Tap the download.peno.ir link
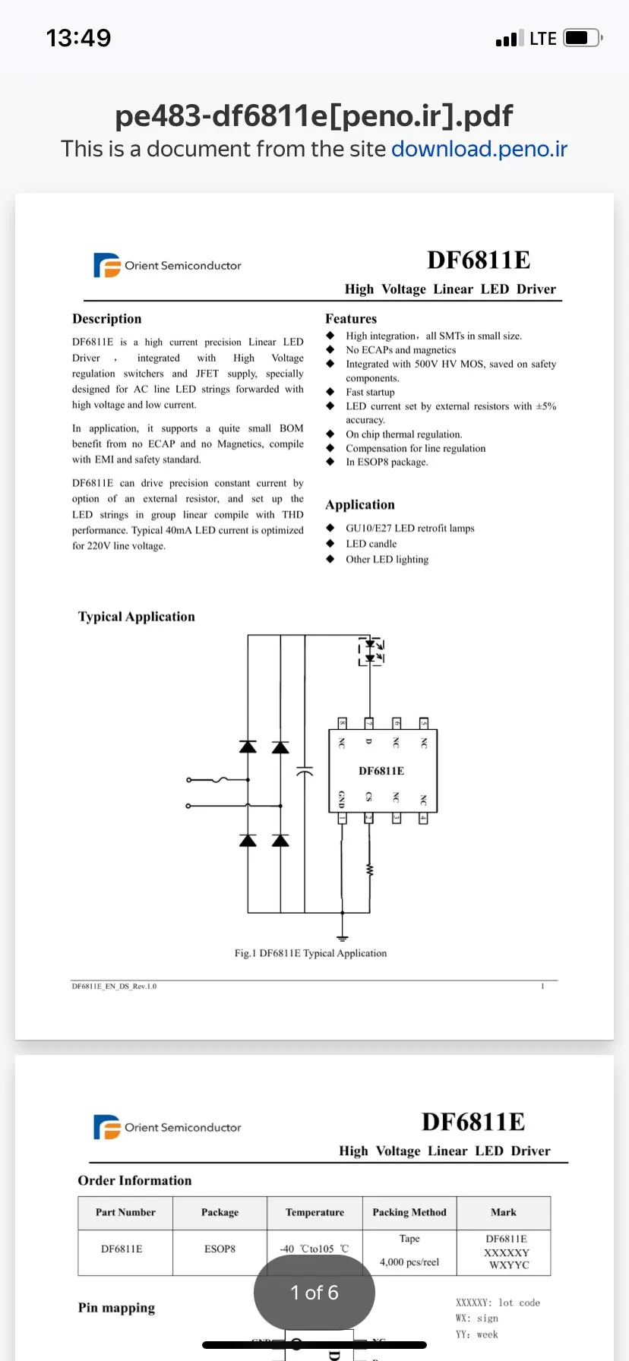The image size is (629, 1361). coord(479,149)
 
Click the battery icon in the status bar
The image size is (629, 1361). coord(582,38)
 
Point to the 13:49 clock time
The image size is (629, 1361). coord(78,38)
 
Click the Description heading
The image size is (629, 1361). coord(107,319)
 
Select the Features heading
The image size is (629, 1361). coord(351,319)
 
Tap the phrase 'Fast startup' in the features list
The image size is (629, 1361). coord(370,392)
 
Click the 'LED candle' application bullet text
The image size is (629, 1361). coord(371,544)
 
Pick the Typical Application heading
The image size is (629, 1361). coord(137,617)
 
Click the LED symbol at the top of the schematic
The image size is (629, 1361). coord(371,652)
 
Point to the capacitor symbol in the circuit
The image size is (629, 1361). coord(305,771)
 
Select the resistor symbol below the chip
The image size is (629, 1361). coord(370,870)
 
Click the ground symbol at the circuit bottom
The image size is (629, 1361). coord(343,939)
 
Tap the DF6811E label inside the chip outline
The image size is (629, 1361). coord(381,771)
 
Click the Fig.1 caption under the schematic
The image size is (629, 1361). coord(310,953)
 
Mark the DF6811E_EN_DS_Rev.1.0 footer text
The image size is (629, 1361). coord(114,987)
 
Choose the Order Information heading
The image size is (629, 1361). coord(134,1180)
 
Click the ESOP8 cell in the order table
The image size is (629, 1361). coord(220,1249)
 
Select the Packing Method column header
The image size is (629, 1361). coord(409,1212)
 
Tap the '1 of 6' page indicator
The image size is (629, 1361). coord(314,1293)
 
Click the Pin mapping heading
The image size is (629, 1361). coord(116,1307)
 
